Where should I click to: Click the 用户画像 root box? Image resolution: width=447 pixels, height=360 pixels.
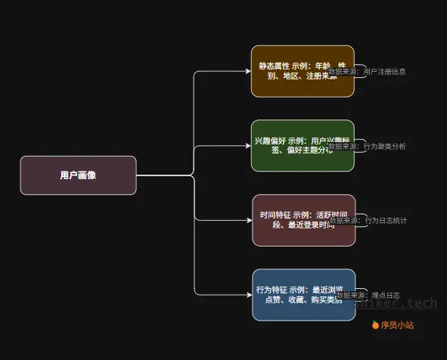[x=78, y=175]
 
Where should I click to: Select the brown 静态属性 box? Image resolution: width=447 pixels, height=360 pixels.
[x=303, y=71]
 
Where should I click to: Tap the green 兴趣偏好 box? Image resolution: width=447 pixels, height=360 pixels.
[x=303, y=145]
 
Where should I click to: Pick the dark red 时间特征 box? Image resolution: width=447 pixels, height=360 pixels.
[x=303, y=220]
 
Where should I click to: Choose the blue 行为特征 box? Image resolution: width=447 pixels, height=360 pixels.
[x=304, y=294]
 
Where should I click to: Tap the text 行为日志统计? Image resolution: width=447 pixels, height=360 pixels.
[x=386, y=221]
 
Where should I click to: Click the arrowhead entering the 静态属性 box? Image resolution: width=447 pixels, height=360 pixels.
[x=248, y=71]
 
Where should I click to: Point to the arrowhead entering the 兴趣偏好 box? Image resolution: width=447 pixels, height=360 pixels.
[x=248, y=145]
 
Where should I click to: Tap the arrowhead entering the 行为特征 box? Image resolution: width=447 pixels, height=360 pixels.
[x=250, y=294]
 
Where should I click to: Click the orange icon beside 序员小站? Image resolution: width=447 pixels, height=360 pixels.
[x=375, y=325]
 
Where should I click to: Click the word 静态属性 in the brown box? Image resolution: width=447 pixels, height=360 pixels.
[x=273, y=66]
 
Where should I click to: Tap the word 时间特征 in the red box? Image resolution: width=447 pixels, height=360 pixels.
[x=275, y=215]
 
